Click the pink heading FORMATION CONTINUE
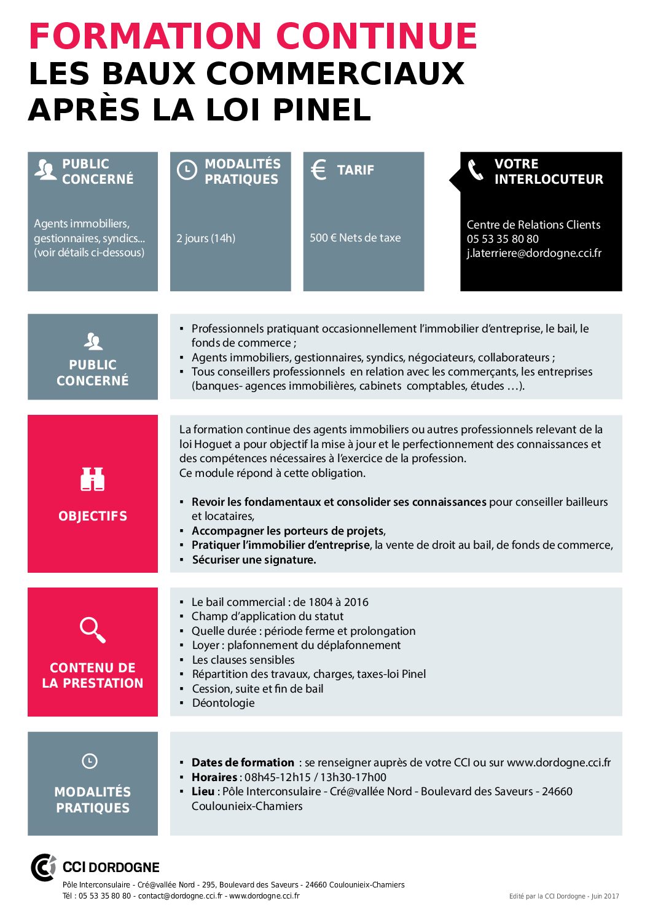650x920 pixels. coord(253,36)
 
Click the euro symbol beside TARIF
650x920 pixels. coord(318,170)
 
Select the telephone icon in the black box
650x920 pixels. coord(476,170)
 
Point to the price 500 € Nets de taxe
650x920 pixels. coord(355,238)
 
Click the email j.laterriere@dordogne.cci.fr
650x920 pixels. coord(534,253)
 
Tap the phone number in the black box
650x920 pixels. coord(503,239)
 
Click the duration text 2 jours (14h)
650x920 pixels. coord(206,238)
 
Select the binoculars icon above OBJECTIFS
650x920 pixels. coord(93,479)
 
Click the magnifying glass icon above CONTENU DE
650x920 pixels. coord(93,630)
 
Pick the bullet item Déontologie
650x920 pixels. coord(223,703)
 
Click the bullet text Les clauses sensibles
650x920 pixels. coord(243,660)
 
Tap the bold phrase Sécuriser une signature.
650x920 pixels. coord(254,560)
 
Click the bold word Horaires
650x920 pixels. coord(214,777)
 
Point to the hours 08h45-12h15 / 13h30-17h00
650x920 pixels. coord(316,777)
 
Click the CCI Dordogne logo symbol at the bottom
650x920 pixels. coord(44,867)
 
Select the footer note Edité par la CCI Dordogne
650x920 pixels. coord(564,897)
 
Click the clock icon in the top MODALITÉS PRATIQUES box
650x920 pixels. coord(187,170)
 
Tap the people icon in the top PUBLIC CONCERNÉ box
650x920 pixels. coord(45,170)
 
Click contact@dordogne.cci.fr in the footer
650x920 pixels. coord(180,896)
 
